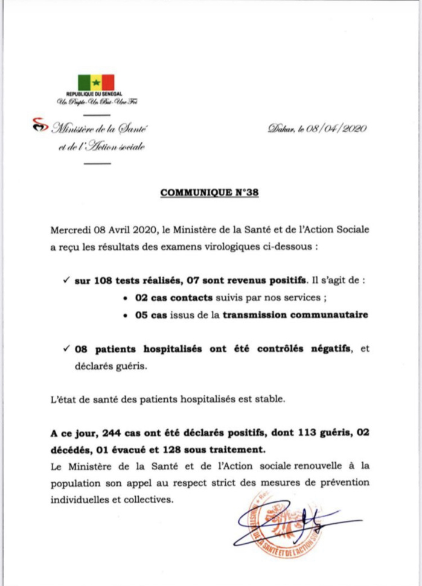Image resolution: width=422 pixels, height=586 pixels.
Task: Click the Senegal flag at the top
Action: tap(96, 83)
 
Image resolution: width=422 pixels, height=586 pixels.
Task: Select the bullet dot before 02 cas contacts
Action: tap(123, 299)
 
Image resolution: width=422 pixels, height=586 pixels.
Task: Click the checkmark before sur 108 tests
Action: tap(66, 281)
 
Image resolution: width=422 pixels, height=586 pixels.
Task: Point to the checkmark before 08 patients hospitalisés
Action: tap(66, 351)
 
